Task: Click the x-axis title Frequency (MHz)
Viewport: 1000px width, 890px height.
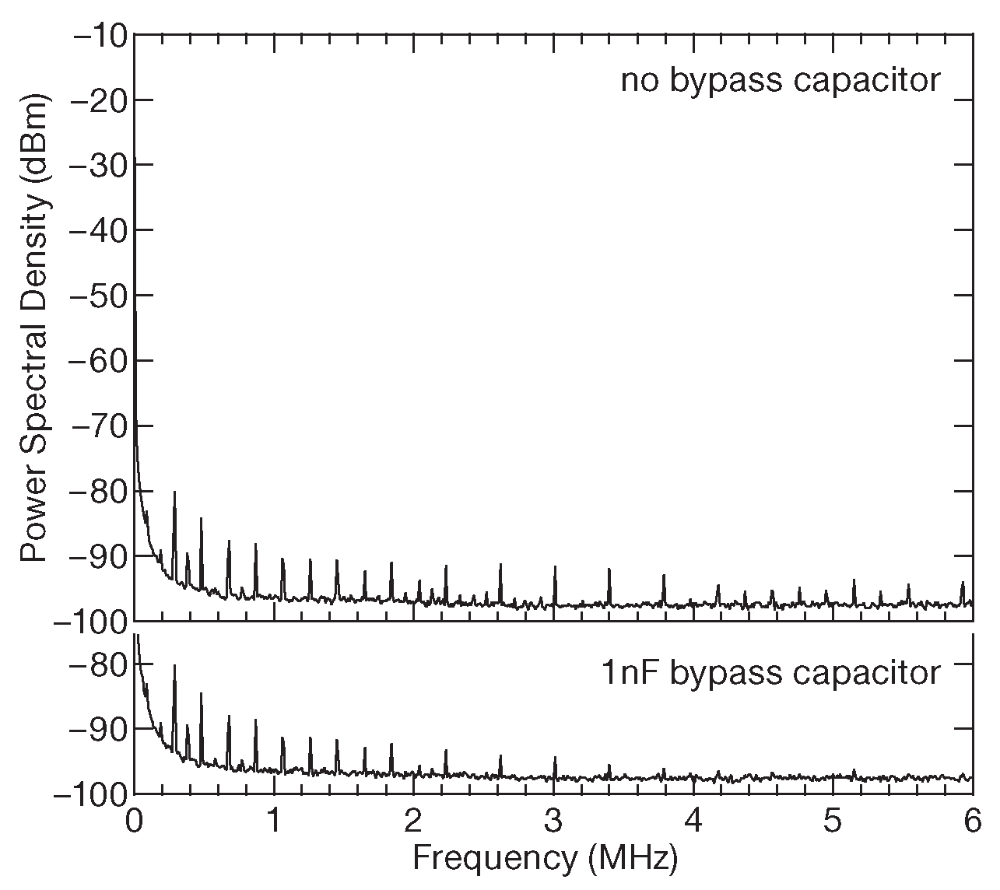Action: pos(545,858)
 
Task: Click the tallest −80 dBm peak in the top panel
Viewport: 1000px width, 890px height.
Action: pos(174,493)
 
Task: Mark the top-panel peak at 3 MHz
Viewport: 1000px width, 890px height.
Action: pos(555,568)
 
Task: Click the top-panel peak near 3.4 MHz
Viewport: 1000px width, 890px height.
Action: pos(609,570)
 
